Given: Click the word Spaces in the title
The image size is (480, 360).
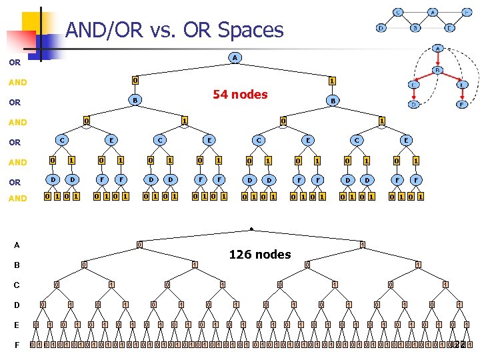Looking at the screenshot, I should click(x=251, y=30).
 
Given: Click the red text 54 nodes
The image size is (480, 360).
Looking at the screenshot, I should click(x=240, y=94).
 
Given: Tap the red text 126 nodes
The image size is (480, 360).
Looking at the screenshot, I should click(x=259, y=254).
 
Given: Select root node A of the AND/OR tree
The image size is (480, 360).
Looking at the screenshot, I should click(x=234, y=58).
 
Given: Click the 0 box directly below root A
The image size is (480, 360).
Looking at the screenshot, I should click(x=135, y=80).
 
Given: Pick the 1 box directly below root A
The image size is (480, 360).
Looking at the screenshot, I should click(x=331, y=80).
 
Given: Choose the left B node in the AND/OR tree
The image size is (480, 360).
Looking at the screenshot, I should click(x=135, y=100).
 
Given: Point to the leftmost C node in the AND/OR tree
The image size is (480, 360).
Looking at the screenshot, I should click(x=61, y=141).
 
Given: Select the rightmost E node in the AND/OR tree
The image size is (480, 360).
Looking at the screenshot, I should click(x=405, y=141).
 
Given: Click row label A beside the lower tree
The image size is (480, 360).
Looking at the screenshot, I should click(x=17, y=245).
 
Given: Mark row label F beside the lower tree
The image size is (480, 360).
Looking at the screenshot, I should click(x=17, y=345).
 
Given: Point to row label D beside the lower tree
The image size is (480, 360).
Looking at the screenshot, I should click(x=17, y=305).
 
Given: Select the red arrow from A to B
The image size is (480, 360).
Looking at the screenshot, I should click(x=437, y=60).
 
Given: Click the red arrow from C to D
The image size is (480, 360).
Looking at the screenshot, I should click(x=413, y=95).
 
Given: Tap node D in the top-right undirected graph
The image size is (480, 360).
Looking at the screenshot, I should click(x=381, y=28).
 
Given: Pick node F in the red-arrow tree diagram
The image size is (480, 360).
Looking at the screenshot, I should click(x=461, y=105).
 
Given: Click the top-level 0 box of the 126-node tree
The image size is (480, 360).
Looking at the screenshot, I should click(x=139, y=245).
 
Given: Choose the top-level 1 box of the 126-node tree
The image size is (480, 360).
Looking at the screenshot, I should click(x=361, y=245).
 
